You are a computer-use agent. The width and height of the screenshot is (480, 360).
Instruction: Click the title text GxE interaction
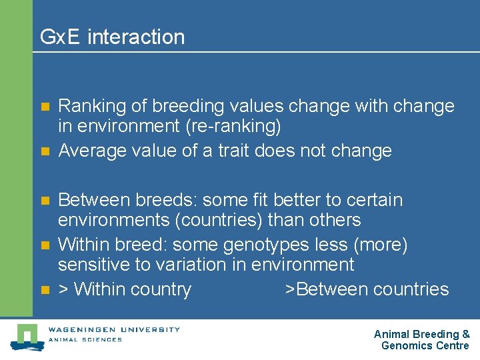[112, 37]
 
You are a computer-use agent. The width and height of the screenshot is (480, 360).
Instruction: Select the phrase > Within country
[125, 289]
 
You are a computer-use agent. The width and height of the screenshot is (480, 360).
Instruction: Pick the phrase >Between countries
[367, 289]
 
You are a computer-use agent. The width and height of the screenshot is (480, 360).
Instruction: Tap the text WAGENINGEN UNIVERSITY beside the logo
[113, 329]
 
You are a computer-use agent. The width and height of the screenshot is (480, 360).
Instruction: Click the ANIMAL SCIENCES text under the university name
[85, 339]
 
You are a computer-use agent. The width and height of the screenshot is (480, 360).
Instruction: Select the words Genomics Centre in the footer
[425, 345]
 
